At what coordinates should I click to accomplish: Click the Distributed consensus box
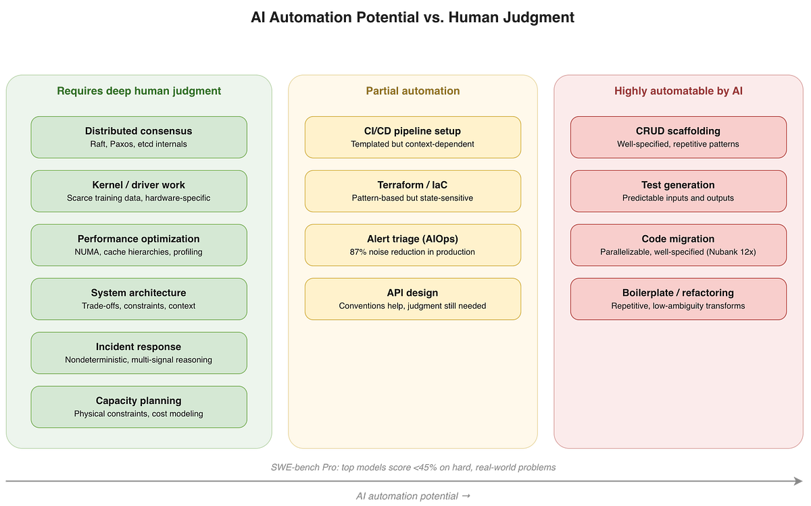click(x=139, y=137)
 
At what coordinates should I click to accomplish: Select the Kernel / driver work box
click(x=139, y=191)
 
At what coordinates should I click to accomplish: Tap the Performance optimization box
click(x=139, y=245)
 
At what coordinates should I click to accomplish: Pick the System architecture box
click(x=139, y=299)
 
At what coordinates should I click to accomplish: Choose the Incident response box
click(x=139, y=353)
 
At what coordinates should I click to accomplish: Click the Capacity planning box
click(x=139, y=407)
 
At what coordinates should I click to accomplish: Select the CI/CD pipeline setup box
click(x=413, y=137)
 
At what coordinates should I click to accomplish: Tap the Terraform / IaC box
click(x=413, y=191)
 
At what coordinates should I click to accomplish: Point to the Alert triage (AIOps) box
click(x=413, y=245)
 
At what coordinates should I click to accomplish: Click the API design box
click(x=413, y=299)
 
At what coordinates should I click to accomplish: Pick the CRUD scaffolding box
click(x=679, y=137)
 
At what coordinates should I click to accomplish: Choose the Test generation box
click(x=679, y=191)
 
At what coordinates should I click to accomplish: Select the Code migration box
click(x=679, y=245)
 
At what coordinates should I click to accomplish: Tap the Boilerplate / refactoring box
click(x=679, y=299)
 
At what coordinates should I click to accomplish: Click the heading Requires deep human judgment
click(x=139, y=91)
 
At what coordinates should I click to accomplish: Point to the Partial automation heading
click(x=413, y=91)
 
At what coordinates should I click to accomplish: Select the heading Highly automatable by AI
click(x=679, y=91)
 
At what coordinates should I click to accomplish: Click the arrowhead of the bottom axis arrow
click(x=800, y=481)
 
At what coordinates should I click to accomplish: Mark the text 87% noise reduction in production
click(x=413, y=252)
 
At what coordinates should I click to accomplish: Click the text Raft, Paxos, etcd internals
click(x=139, y=144)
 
